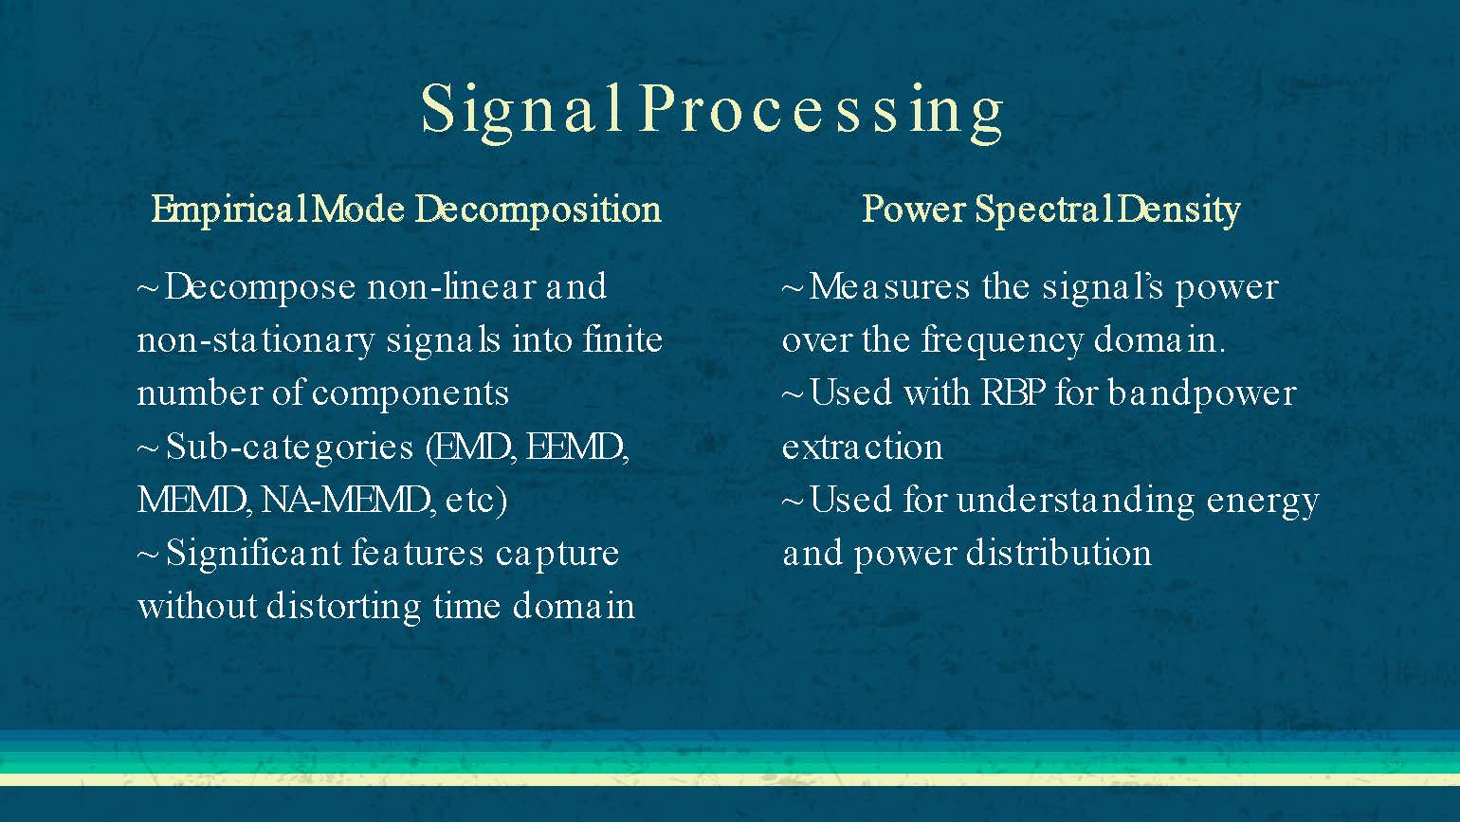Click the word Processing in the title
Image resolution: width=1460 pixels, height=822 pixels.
[x=821, y=110]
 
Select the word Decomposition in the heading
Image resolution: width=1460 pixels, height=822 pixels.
[x=538, y=210]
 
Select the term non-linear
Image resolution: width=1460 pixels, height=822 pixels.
[x=451, y=286]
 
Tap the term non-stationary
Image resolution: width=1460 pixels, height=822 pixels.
[x=256, y=340]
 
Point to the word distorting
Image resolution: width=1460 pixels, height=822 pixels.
[x=343, y=607]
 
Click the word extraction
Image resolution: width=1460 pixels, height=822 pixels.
[x=862, y=447]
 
